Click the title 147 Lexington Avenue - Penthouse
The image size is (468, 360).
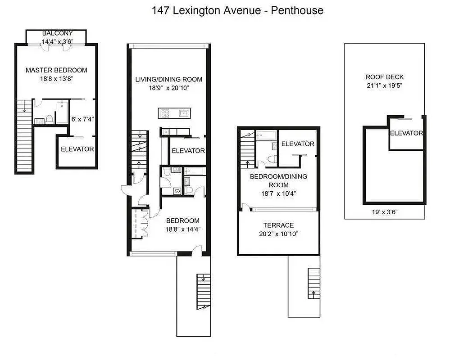[237, 10]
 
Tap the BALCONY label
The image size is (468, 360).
[57, 33]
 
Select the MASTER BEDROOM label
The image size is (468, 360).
[56, 70]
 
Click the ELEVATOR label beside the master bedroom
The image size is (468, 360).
[77, 149]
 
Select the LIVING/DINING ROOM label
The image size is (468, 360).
[169, 80]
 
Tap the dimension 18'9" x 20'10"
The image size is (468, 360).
[169, 88]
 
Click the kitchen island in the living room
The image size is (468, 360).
[175, 113]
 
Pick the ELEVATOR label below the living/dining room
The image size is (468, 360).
[188, 151]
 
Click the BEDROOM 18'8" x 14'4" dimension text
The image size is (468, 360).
[182, 229]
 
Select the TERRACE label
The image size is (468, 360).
[278, 225]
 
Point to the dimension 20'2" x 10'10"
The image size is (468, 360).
[278, 234]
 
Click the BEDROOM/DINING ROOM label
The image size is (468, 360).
[278, 180]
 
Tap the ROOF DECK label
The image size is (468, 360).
[385, 77]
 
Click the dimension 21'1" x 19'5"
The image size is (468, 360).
[385, 85]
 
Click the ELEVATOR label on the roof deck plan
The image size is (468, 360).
[406, 133]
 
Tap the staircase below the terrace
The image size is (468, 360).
[314, 283]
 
